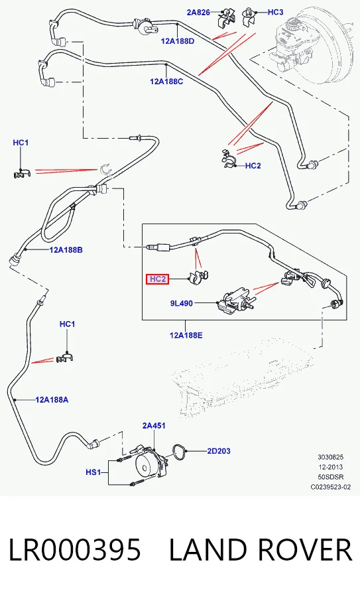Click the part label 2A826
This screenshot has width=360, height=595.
pyautogui.click(x=198, y=12)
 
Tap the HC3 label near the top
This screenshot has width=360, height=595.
pyautogui.click(x=275, y=12)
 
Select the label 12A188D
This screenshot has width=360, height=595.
pyautogui.click(x=178, y=41)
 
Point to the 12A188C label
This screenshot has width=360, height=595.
pyautogui.click(x=166, y=81)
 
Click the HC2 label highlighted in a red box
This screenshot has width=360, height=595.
pyautogui.click(x=158, y=279)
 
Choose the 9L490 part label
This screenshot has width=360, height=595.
pyautogui.click(x=182, y=303)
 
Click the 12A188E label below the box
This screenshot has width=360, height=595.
pyautogui.click(x=186, y=335)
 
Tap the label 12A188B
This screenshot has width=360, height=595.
pyautogui.click(x=66, y=249)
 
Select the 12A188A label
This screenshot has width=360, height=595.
pyautogui.click(x=52, y=399)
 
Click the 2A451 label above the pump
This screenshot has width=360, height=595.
pyautogui.click(x=154, y=426)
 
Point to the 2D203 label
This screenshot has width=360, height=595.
pyautogui.click(x=219, y=451)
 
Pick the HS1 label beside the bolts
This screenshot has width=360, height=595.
pyautogui.click(x=93, y=472)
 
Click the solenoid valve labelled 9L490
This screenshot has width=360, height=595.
pyautogui.click(x=233, y=301)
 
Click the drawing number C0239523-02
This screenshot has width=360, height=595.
pyautogui.click(x=331, y=487)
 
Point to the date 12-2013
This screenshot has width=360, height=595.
pyautogui.click(x=331, y=467)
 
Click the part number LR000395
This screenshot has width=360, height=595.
pyautogui.click(x=75, y=550)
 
